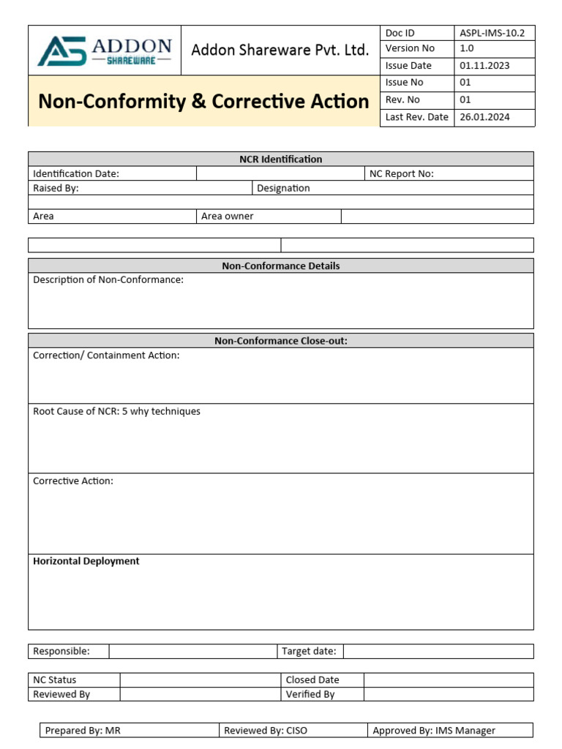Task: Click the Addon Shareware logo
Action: [105, 50]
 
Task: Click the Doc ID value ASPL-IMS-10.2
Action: [492, 33]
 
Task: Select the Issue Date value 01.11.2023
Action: [484, 65]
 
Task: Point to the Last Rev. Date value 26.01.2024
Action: [484, 117]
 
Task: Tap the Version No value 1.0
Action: [467, 48]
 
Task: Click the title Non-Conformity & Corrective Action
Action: [203, 101]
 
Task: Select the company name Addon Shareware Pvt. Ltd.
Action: [280, 50]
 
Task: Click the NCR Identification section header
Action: [280, 159]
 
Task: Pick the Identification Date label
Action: [76, 173]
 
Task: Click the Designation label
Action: [283, 188]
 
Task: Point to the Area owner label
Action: [228, 217]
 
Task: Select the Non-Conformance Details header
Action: [280, 266]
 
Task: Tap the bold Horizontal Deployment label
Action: [86, 561]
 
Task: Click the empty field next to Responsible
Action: [192, 651]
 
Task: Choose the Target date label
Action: [309, 651]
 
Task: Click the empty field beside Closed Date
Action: [448, 680]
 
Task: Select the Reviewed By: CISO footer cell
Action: [266, 730]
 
